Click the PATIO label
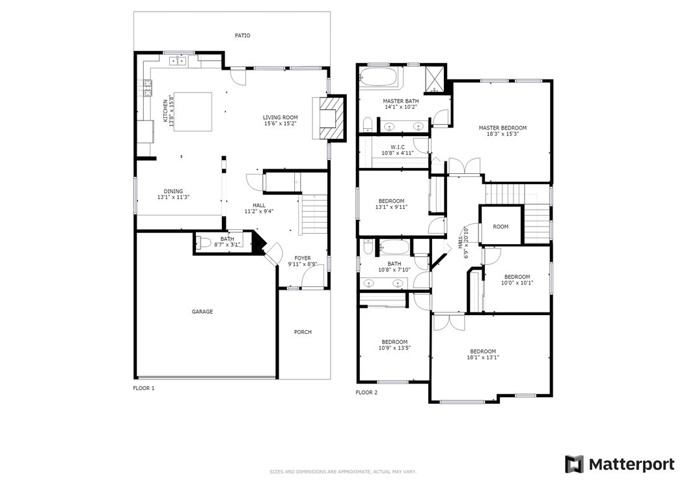click(x=242, y=35)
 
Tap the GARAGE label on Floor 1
click(x=202, y=312)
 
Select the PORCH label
click(x=303, y=332)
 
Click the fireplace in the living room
click(x=329, y=118)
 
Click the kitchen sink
click(x=179, y=61)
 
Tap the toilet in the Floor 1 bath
click(x=204, y=242)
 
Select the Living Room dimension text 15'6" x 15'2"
click(x=281, y=124)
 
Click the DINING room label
click(x=173, y=191)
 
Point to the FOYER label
click(x=302, y=258)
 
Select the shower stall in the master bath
click(x=435, y=79)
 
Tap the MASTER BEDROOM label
click(x=502, y=128)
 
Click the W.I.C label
click(x=398, y=147)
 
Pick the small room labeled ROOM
click(x=501, y=225)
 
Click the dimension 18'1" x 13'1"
click(x=483, y=357)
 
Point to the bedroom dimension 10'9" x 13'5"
click(x=394, y=348)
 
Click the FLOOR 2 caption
click(x=366, y=393)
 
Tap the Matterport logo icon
click(x=574, y=464)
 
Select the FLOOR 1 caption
click(x=144, y=388)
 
